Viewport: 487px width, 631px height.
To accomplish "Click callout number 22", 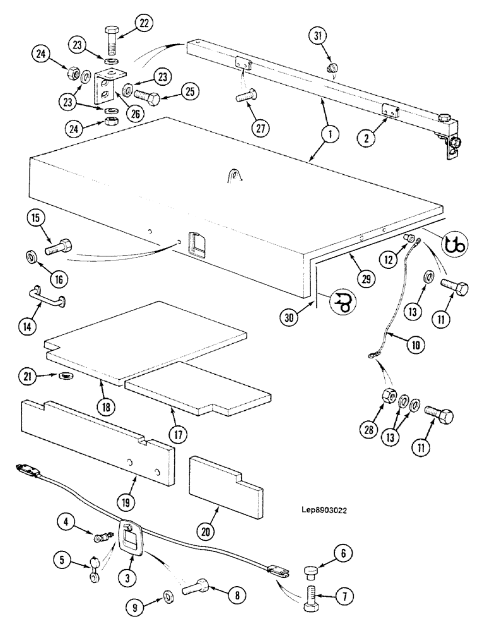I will tap(144, 24).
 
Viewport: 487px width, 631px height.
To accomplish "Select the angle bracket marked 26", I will tap(104, 89).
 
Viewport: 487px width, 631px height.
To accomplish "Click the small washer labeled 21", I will tap(64, 376).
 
